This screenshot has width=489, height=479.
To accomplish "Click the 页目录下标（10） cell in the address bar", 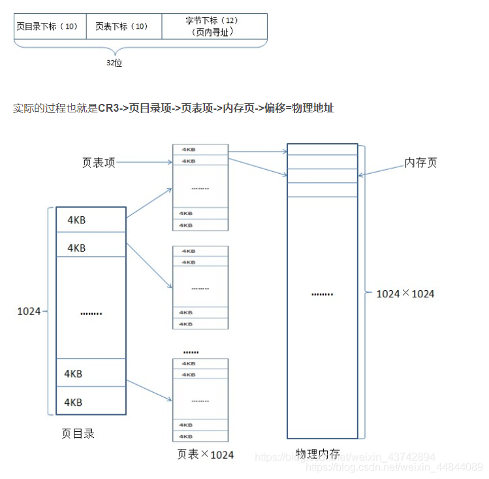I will (x=50, y=27).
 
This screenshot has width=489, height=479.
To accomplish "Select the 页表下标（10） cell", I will (x=123, y=27).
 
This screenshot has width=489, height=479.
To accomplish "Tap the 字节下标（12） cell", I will (x=213, y=26).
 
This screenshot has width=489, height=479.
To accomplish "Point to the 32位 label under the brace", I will (x=114, y=63).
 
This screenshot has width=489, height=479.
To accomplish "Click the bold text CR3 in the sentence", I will (x=109, y=108).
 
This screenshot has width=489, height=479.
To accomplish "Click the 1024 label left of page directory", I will (x=29, y=312).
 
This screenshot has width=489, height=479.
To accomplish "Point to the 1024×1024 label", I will (x=405, y=294).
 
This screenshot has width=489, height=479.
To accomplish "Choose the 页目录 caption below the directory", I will (x=78, y=433).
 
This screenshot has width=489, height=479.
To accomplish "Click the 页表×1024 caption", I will (x=205, y=454).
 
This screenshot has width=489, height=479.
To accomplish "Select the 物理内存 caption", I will (x=318, y=454).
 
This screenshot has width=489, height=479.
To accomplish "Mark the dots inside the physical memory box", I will (x=322, y=294).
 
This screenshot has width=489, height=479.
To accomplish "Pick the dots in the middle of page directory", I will (x=91, y=313).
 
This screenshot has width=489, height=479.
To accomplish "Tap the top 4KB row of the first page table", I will (x=200, y=150).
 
